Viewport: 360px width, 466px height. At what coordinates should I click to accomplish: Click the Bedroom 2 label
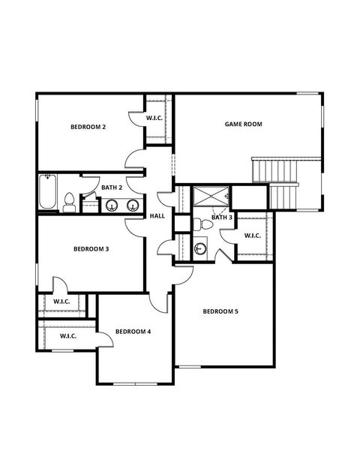click(88, 128)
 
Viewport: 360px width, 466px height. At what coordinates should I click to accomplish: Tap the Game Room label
click(244, 124)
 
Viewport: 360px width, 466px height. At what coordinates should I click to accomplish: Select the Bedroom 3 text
click(91, 249)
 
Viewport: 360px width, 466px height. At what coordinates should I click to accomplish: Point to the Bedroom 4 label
click(133, 331)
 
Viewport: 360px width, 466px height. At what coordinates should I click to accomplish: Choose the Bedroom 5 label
click(220, 311)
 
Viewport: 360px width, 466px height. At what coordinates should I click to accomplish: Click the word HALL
click(157, 216)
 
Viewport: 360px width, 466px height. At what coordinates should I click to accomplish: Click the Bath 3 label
click(222, 218)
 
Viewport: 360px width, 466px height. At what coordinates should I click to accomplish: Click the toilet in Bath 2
click(69, 203)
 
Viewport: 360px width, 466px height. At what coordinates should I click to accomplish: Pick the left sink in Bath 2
click(111, 205)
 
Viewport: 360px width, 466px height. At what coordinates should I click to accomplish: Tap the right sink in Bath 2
click(132, 205)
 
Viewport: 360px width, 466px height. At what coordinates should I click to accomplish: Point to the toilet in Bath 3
click(199, 224)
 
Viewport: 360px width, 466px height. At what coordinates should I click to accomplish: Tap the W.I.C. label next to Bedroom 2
click(154, 118)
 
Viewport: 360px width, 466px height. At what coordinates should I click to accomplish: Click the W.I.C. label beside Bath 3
click(253, 236)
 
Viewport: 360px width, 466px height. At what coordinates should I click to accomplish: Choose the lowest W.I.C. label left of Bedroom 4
click(68, 336)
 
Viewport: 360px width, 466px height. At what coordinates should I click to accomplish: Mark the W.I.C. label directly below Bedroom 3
click(61, 302)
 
